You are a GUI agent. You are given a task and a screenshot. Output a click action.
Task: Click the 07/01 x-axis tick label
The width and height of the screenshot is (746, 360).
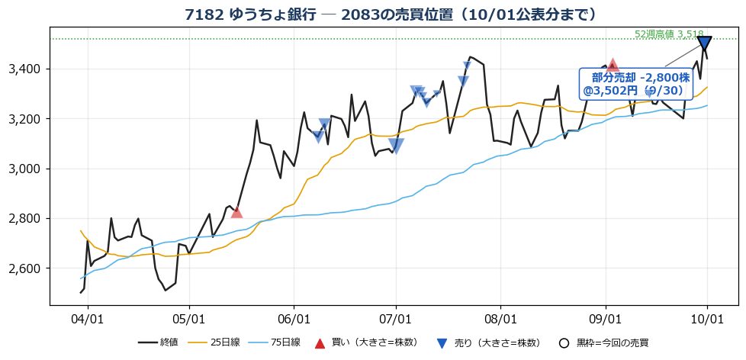(396, 319)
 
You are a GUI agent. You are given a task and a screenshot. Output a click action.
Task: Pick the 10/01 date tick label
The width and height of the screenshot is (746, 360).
(707, 319)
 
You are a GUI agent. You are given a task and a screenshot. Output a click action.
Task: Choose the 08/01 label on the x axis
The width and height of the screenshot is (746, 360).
(500, 319)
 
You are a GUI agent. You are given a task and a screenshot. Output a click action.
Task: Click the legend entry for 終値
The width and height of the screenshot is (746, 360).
(158, 342)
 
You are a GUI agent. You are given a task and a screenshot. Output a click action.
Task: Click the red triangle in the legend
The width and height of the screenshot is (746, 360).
(320, 343)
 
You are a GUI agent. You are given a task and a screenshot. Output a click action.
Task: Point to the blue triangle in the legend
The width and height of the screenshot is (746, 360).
(442, 343)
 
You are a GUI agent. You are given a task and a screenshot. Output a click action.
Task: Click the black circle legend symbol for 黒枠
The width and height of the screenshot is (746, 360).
(564, 343)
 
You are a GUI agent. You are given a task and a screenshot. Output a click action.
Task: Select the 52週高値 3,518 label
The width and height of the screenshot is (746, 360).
(669, 34)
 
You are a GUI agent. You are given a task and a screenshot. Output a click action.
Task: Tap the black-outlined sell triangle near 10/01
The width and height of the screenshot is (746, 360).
(704, 43)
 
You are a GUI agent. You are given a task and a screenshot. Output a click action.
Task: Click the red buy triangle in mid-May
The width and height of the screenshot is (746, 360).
(236, 212)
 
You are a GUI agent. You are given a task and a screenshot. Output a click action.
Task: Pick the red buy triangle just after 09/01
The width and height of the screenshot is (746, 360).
(613, 65)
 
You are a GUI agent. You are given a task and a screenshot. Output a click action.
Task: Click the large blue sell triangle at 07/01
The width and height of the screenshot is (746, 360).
(396, 146)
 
